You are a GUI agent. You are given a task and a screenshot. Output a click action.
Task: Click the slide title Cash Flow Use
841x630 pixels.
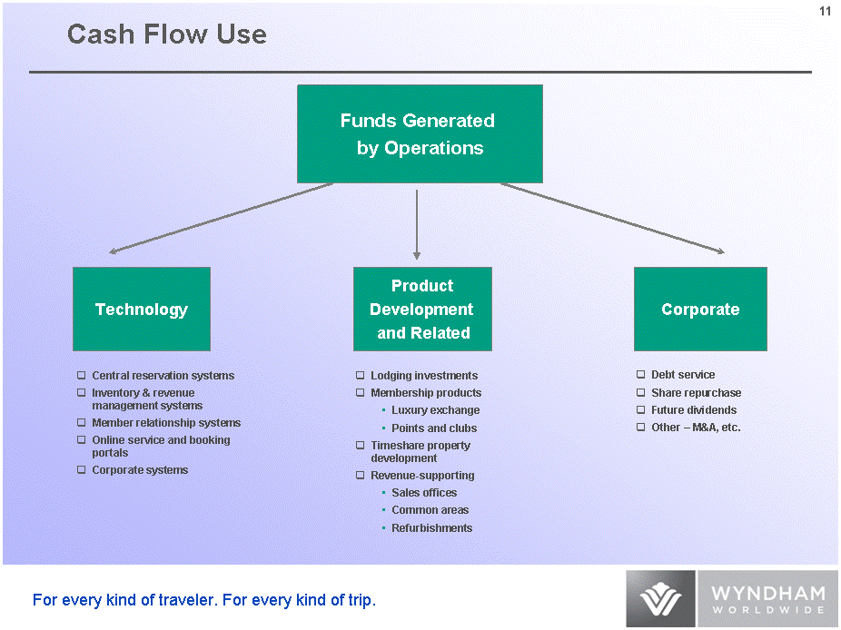[167, 34]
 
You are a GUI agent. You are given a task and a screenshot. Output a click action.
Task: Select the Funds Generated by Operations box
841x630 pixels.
[420, 134]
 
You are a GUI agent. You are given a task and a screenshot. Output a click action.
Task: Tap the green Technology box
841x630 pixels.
[142, 310]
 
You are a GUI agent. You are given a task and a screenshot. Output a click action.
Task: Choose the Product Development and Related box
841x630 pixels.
[422, 310]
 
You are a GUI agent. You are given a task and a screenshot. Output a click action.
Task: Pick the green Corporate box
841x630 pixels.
[700, 310]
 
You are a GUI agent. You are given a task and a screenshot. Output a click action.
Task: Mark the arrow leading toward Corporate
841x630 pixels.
[613, 218]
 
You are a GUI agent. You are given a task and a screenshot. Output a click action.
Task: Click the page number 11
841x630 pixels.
[825, 11]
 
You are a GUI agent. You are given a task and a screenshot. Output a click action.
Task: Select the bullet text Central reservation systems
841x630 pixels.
[163, 376]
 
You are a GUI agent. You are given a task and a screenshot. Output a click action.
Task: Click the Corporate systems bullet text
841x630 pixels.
[140, 470]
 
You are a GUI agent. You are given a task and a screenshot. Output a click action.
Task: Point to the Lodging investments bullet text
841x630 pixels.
[424, 376]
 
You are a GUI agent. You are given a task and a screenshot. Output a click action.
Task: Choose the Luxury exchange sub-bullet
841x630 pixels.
[435, 410]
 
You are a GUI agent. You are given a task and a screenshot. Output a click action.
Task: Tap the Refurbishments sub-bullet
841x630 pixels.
[431, 528]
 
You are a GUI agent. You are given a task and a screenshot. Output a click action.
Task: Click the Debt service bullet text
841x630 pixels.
[683, 375]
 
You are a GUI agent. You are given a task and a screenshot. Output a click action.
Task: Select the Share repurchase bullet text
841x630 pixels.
[696, 393]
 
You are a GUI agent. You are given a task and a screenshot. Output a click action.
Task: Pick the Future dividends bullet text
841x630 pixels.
[694, 410]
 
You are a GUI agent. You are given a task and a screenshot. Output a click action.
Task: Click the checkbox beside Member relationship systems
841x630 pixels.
[82, 423]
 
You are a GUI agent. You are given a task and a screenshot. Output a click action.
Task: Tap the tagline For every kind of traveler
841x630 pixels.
[204, 600]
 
